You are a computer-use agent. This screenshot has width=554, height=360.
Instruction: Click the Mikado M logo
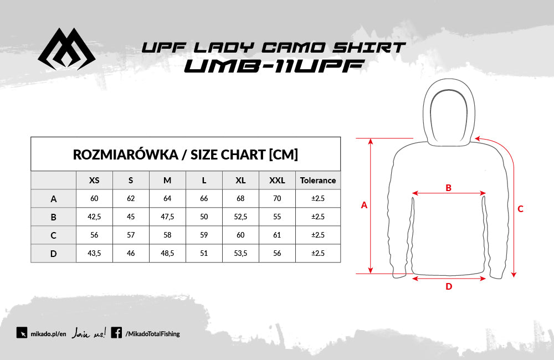pos(66,49)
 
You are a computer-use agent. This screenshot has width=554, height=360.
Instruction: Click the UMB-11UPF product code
pos(274,66)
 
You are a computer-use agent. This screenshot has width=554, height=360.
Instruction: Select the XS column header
pos(94,180)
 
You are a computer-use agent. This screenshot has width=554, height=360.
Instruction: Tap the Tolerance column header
pos(318,180)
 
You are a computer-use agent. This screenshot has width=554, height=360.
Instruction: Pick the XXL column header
pos(277,180)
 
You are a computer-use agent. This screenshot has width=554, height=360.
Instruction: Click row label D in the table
pos(53,253)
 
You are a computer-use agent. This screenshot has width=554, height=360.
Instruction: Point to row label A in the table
pos(53,198)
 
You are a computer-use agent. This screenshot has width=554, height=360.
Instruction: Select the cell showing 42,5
pos(94,217)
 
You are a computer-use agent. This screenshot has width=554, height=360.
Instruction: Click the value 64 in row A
pos(167,198)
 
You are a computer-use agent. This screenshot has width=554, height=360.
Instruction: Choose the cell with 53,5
pos(240,253)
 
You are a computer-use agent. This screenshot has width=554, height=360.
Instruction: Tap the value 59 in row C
pos(204,235)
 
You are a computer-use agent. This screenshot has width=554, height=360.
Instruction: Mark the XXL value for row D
pos(277,253)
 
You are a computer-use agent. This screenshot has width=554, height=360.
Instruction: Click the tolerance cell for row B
pos(318,217)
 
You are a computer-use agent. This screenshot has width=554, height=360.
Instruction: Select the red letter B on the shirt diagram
pos(448,188)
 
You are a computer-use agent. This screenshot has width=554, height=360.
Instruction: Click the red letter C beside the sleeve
pos(520,209)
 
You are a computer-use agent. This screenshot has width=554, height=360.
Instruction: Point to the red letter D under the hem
pos(449,286)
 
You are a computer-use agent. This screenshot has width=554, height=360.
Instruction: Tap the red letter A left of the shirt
pos(365,205)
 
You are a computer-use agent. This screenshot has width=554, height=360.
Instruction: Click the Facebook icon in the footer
pos(116,332)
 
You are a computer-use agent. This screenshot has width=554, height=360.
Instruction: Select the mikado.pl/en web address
pos(48,334)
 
